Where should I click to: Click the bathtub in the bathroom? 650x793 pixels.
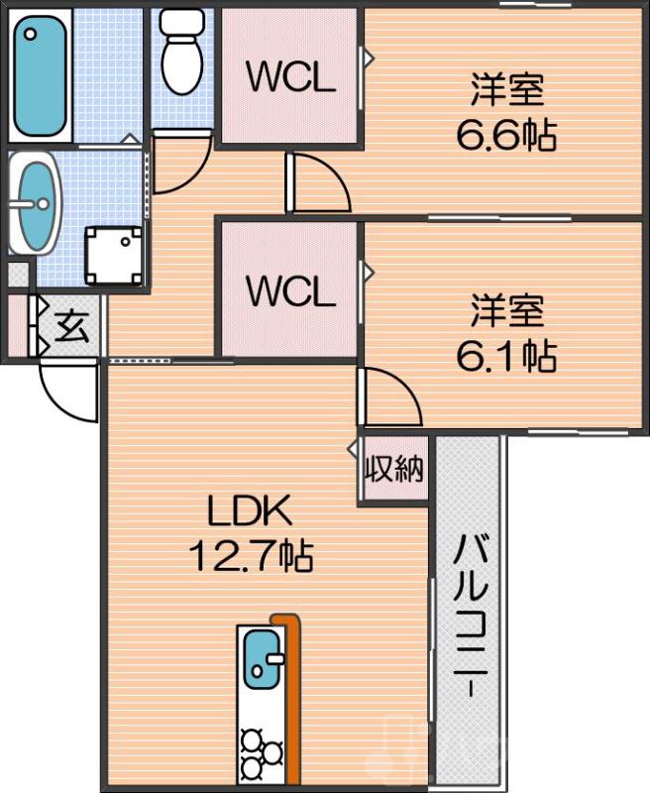(x=40, y=76)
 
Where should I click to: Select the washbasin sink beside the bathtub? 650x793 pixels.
(x=37, y=206)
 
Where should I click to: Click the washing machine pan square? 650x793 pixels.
(x=113, y=254)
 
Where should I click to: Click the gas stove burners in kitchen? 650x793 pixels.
(x=260, y=754)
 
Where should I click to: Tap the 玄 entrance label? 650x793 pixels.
(x=70, y=325)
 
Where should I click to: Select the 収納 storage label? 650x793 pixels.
(x=393, y=469)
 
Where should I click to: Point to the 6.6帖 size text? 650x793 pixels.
(x=505, y=136)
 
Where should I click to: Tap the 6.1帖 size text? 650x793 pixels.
(x=505, y=354)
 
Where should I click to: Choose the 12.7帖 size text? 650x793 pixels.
(x=251, y=556)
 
